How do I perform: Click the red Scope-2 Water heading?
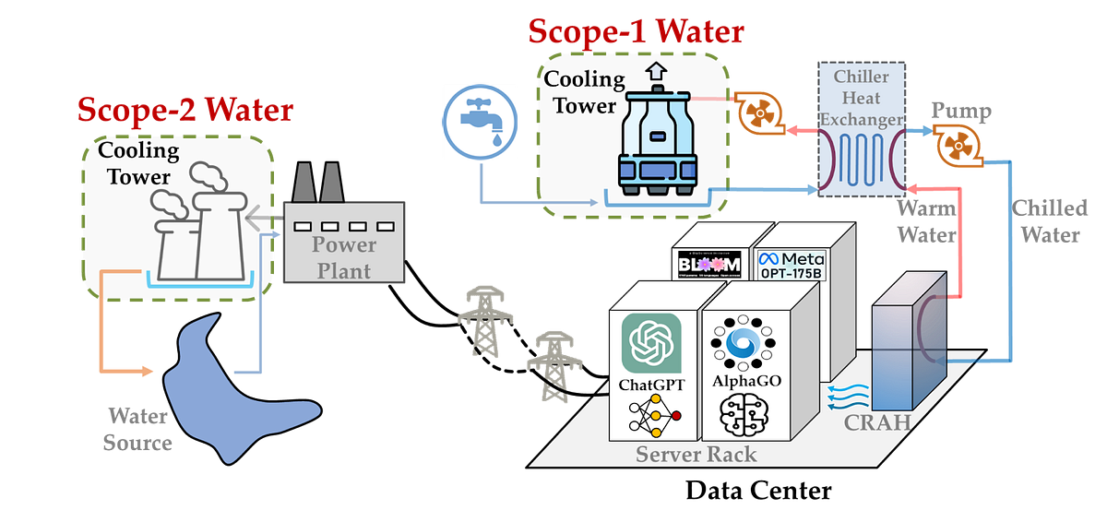tap(184, 111)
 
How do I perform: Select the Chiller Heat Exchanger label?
tap(860, 98)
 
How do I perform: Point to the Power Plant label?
tap(342, 257)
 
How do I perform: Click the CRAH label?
tap(877, 423)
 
